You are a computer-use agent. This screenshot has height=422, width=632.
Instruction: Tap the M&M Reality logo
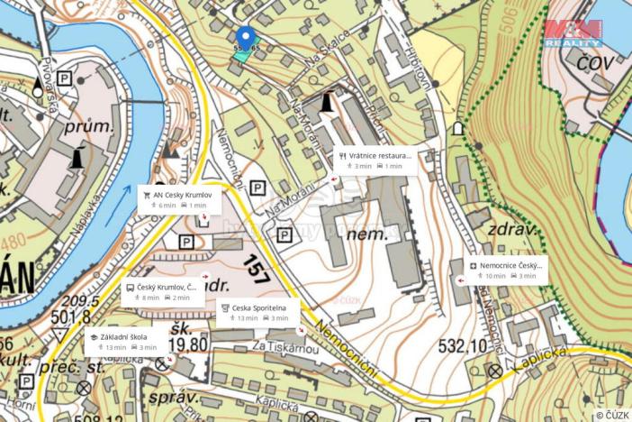point(573,32)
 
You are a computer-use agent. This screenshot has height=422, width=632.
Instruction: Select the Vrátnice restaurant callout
point(375,161)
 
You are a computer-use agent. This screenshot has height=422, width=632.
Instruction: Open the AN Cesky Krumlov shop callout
point(176,199)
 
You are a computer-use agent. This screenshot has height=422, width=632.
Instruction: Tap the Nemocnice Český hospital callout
point(507,271)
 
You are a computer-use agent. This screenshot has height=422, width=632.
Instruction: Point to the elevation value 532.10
point(464,345)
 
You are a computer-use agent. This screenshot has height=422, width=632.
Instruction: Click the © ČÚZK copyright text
point(611,415)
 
